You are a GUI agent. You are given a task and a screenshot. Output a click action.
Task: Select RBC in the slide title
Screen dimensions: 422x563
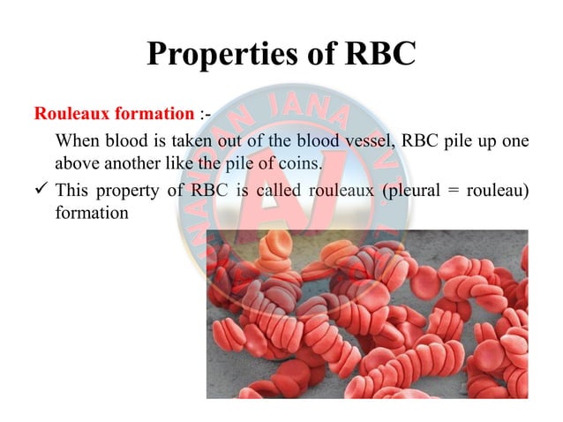coord(371,55)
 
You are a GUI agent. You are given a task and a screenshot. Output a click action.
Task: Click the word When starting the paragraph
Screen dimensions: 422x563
coord(76,141)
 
